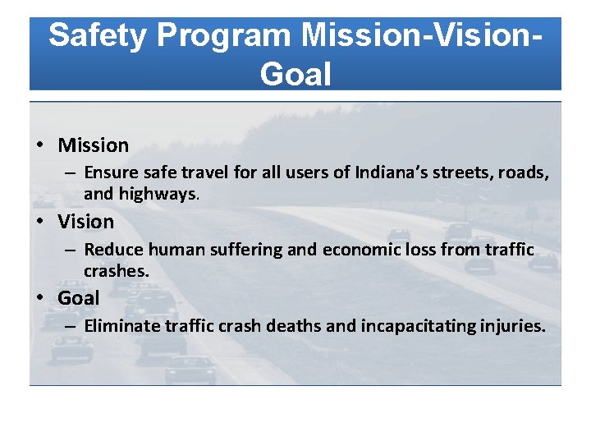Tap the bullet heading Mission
(x=93, y=145)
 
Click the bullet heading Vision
(x=85, y=222)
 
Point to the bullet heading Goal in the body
(x=78, y=298)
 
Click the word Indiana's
(x=395, y=173)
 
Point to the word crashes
(x=116, y=271)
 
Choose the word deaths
(x=294, y=326)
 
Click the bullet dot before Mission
(x=40, y=146)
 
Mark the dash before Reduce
(x=71, y=250)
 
